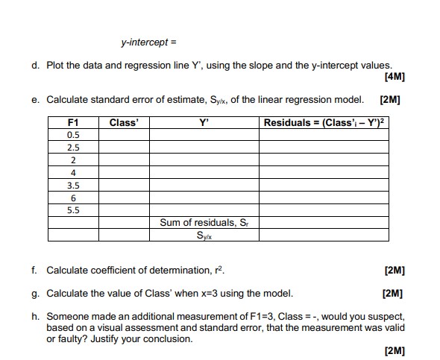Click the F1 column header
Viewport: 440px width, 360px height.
pos(73,122)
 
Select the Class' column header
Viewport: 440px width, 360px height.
pos(124,122)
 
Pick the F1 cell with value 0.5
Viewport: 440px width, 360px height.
pos(73,135)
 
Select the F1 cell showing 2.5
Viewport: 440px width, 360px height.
pos(73,148)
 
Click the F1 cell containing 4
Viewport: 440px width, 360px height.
pos(73,173)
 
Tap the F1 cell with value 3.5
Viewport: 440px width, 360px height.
pos(73,185)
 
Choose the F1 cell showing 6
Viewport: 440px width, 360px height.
pos(73,198)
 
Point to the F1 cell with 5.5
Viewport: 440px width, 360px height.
pos(73,210)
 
